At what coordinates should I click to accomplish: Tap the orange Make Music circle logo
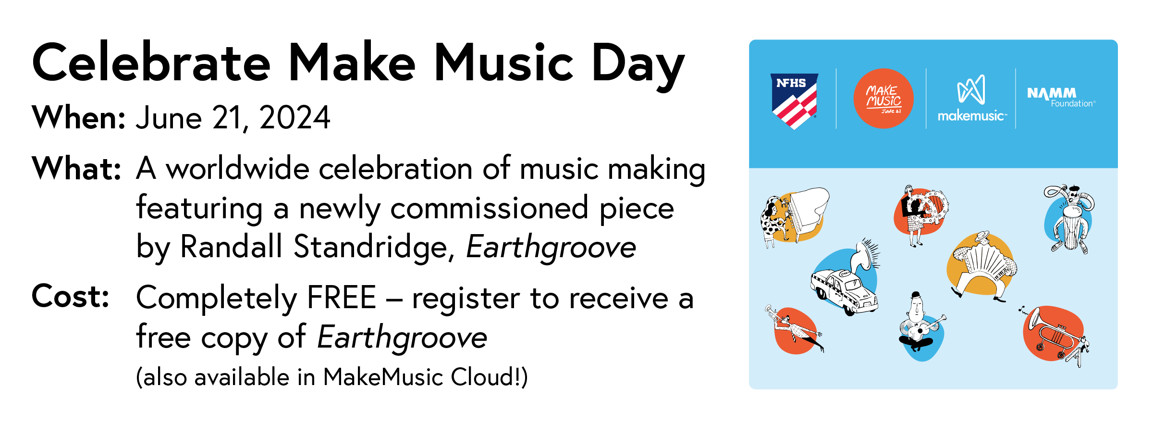pyautogui.click(x=883, y=99)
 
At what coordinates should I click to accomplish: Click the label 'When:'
pyautogui.click(x=78, y=118)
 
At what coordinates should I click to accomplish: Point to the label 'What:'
pyautogui.click(x=76, y=169)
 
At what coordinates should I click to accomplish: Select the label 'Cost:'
pyautogui.click(x=70, y=297)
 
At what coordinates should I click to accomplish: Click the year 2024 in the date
pyautogui.click(x=294, y=118)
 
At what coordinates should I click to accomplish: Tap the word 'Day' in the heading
pyautogui.click(x=638, y=65)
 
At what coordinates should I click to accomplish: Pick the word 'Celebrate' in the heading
pyautogui.click(x=151, y=63)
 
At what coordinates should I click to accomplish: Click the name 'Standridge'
pyautogui.click(x=370, y=247)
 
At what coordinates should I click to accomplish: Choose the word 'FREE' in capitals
pyautogui.click(x=341, y=298)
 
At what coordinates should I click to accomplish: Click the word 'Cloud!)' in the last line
pyautogui.click(x=489, y=377)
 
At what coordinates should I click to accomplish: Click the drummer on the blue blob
pyautogui.click(x=1069, y=219)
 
